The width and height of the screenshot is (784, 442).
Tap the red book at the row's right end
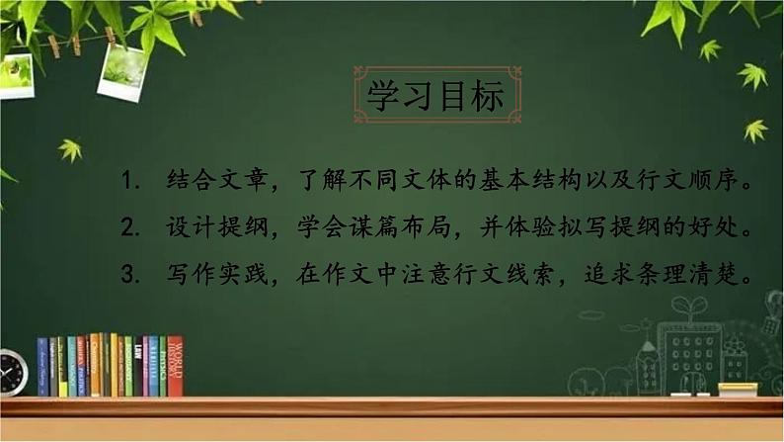pos(175,366)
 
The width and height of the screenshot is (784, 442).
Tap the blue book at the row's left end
pos(42,368)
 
